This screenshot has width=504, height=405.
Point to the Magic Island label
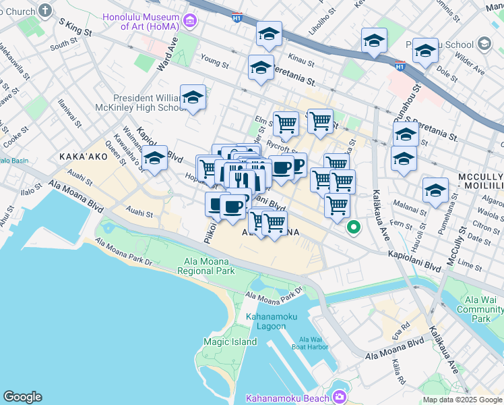(x=231, y=342)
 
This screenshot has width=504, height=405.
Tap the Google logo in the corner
(x=22, y=397)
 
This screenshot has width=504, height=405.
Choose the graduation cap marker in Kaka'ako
(x=155, y=159)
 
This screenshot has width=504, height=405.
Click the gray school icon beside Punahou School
(x=484, y=45)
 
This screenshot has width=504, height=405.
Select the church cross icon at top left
(x=45, y=11)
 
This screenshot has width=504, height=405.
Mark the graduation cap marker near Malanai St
(x=436, y=190)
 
